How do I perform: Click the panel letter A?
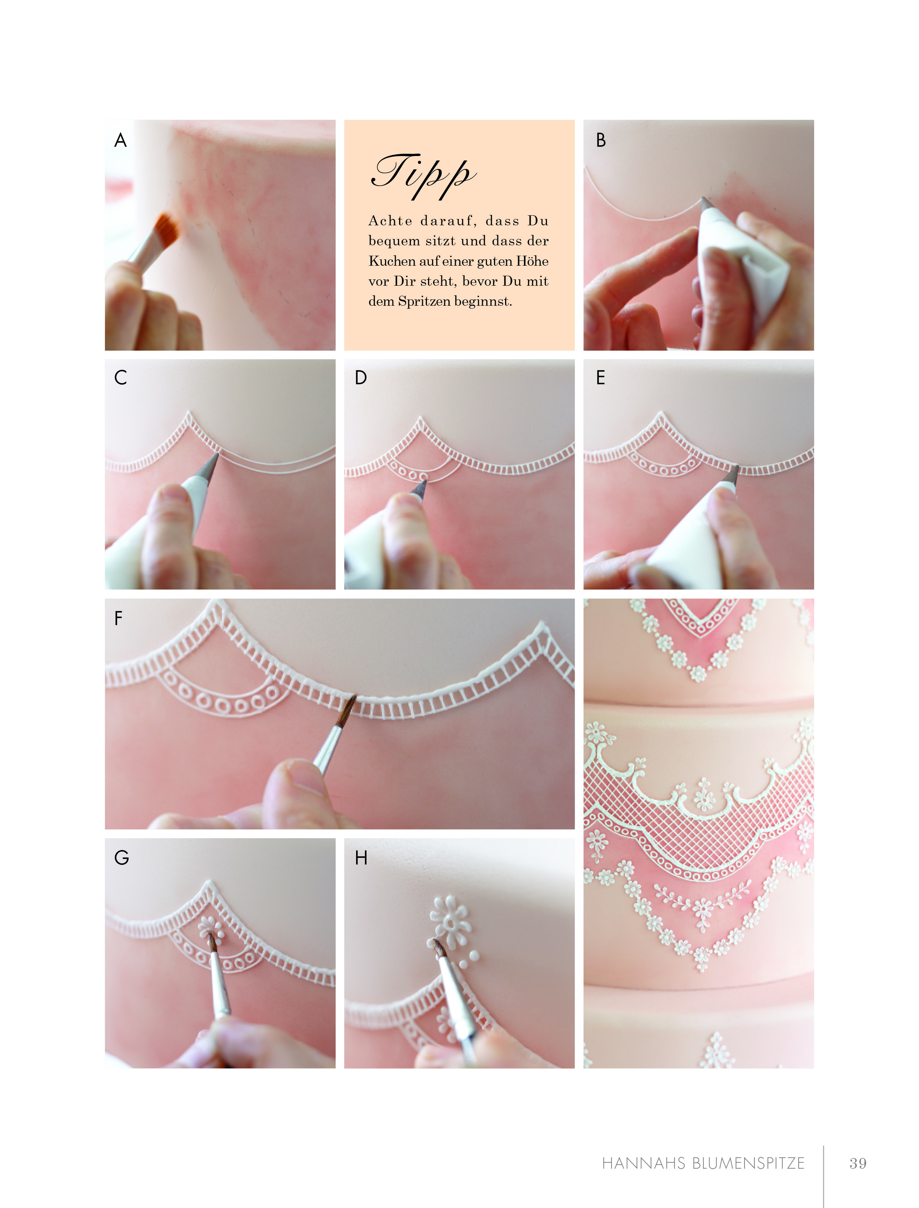[x=120, y=140]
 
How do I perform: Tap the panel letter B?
[x=601, y=140]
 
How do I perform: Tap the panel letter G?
[x=122, y=857]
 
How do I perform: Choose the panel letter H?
[x=361, y=857]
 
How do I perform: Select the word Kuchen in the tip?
[x=388, y=261]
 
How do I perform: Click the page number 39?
[x=858, y=1163]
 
